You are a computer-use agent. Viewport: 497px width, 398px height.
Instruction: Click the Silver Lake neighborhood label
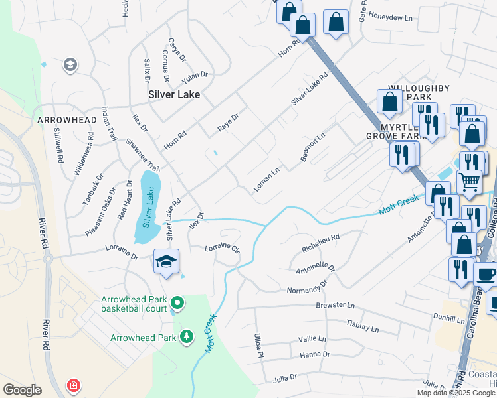click(173, 95)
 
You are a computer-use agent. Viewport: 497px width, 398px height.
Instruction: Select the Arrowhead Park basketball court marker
click(177, 304)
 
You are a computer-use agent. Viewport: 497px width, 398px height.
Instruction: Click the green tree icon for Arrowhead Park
click(188, 338)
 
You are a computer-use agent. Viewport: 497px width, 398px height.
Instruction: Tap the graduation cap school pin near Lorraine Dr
click(166, 261)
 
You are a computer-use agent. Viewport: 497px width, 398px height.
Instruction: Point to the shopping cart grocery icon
click(469, 181)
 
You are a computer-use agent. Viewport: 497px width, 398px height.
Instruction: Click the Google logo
click(23, 390)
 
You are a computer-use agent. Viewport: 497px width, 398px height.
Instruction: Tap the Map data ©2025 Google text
click(456, 393)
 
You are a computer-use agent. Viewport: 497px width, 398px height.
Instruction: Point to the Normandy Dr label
click(307, 287)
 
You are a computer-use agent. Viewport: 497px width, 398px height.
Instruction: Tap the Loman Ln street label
click(266, 180)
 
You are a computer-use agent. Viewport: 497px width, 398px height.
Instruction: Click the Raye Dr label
click(228, 122)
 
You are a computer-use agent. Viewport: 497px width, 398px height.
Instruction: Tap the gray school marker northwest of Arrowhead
click(70, 65)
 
